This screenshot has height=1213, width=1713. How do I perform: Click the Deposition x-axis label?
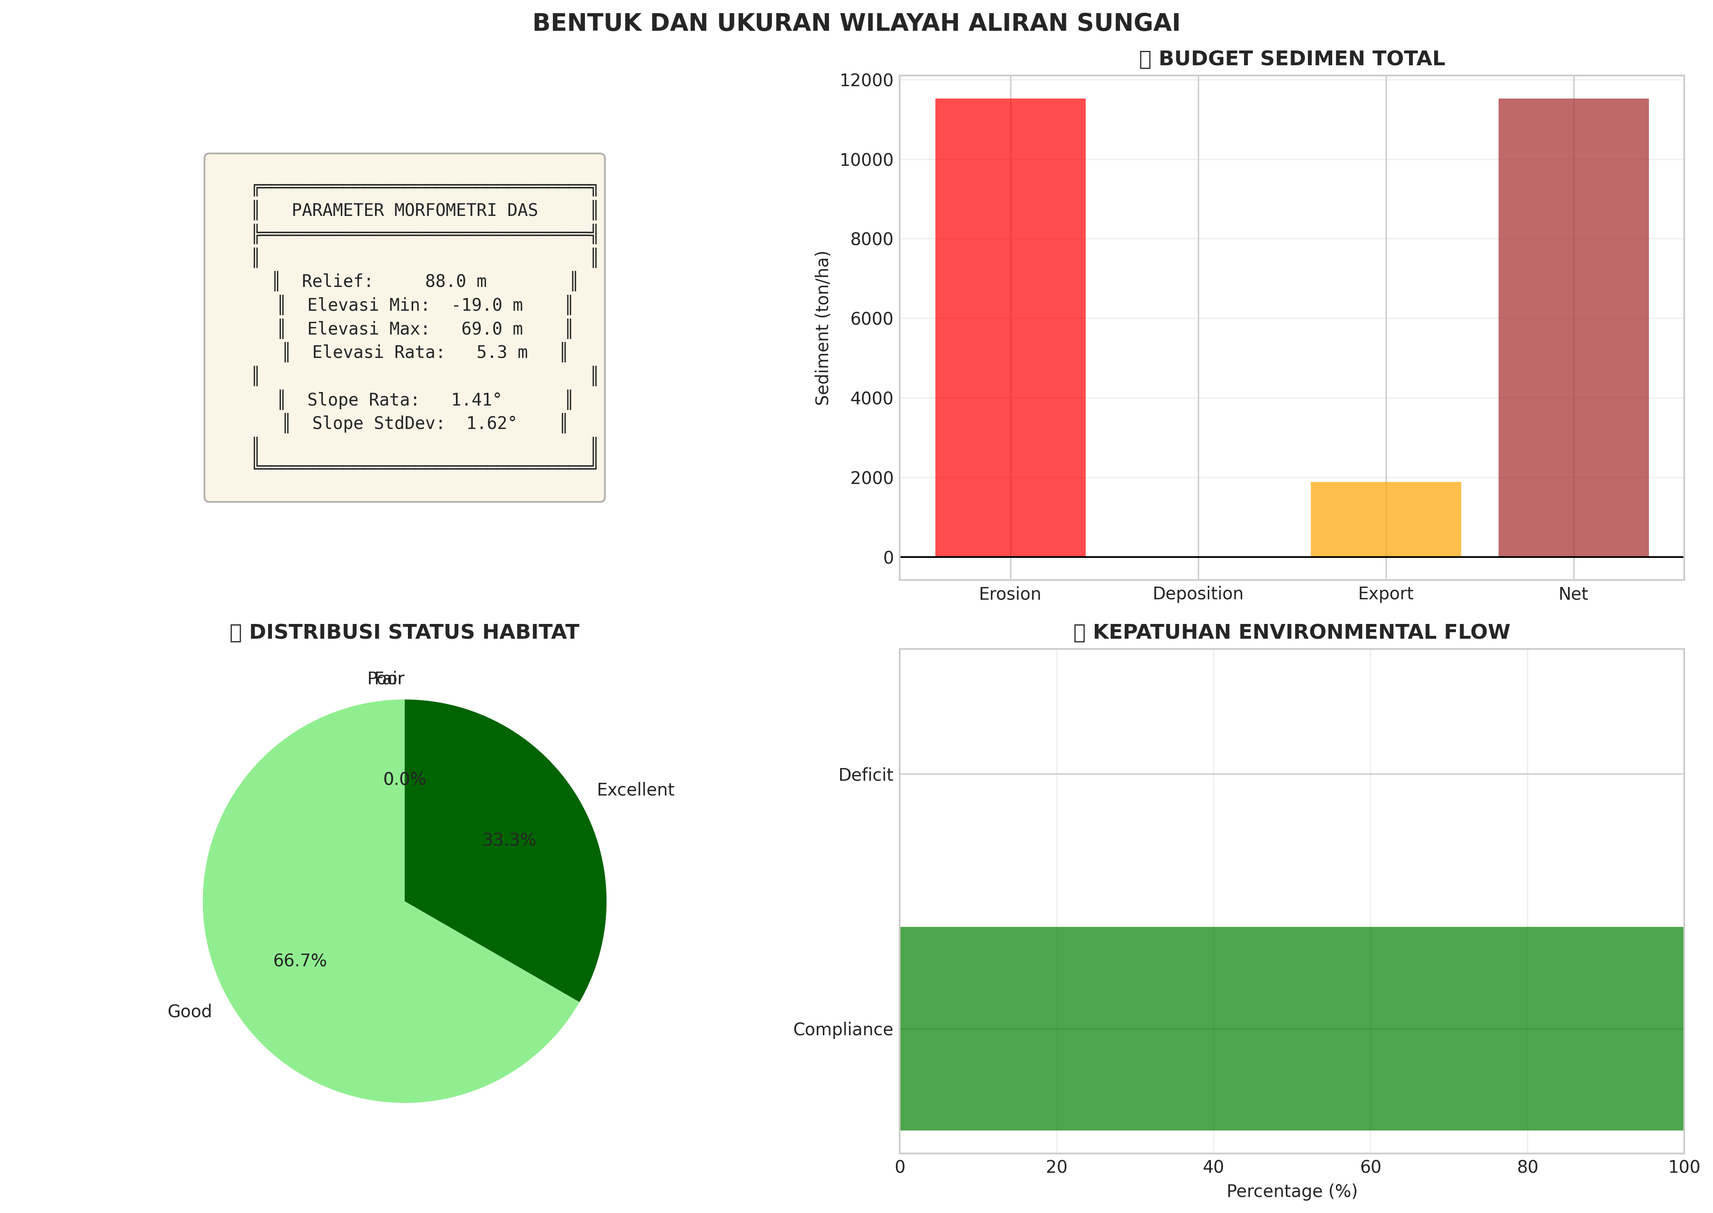click(1197, 594)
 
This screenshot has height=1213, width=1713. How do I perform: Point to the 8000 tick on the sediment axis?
click(871, 239)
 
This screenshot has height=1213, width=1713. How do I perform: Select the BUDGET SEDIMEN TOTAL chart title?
click(1301, 59)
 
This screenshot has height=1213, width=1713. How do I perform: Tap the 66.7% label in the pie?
click(300, 961)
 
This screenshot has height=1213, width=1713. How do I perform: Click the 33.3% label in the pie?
click(509, 840)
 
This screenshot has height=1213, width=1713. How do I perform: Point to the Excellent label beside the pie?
click(635, 789)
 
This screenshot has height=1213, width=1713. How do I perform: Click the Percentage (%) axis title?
click(1292, 1191)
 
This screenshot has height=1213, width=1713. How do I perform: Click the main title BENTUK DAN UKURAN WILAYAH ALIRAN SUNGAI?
click(856, 23)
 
